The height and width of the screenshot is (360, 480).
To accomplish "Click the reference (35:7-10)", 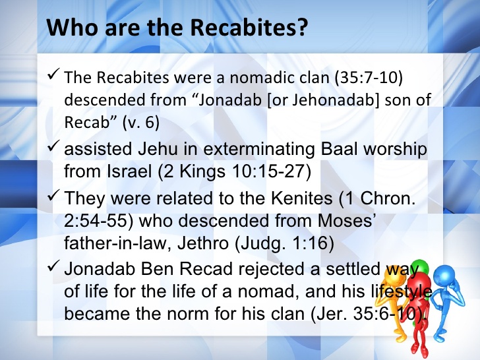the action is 369,78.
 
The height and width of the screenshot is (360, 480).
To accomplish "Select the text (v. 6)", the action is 141,123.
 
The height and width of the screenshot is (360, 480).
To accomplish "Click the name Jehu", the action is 158,149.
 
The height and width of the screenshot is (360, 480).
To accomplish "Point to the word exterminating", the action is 259,150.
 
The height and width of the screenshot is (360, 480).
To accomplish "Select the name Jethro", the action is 203,243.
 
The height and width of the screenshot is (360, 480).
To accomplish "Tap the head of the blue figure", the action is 445,276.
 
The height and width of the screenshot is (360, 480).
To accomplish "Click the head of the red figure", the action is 419,283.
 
